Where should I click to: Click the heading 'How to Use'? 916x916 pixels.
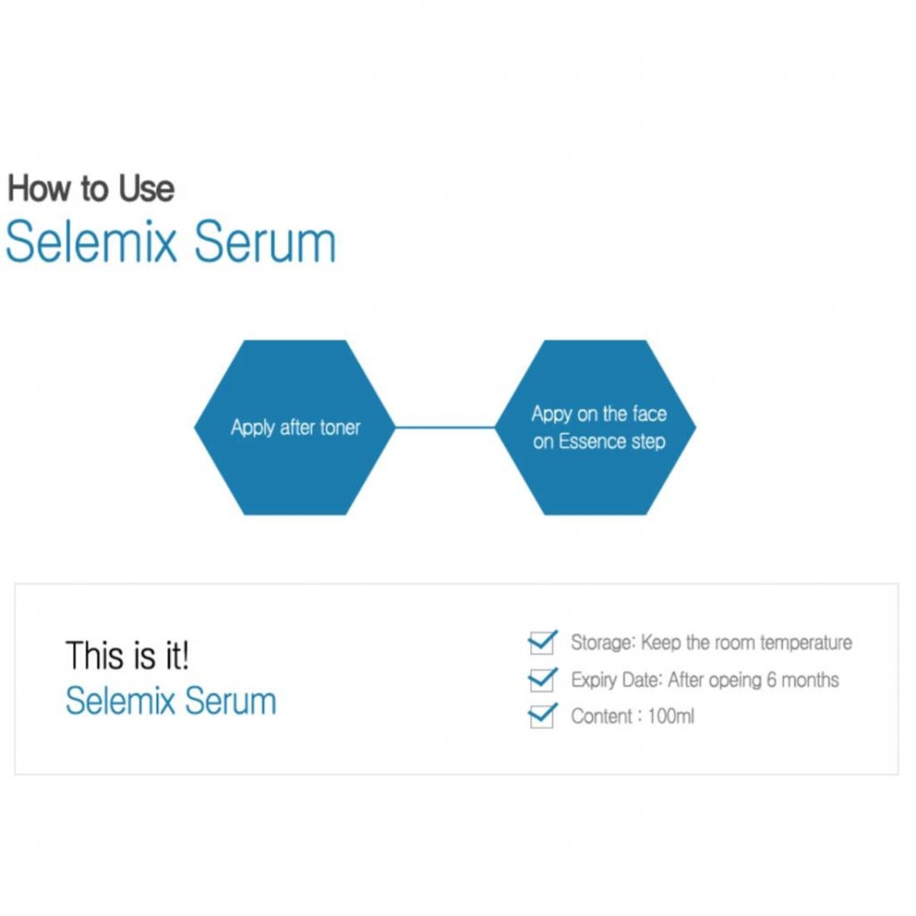(90, 188)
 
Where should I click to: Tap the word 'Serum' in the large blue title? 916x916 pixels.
(264, 242)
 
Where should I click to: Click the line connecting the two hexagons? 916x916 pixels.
(445, 427)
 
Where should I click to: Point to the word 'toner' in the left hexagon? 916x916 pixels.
(340, 428)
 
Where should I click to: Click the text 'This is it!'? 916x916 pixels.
(127, 656)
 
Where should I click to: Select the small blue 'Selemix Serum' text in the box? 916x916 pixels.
(171, 701)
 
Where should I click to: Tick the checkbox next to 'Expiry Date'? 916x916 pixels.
(541, 680)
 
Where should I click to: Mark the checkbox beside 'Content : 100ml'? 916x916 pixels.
(541, 716)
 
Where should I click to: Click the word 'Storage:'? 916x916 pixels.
(603, 643)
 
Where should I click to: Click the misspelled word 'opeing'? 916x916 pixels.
(735, 680)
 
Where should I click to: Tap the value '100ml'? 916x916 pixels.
(670, 716)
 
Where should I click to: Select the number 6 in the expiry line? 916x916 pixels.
(771, 680)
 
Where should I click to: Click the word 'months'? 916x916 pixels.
(810, 680)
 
